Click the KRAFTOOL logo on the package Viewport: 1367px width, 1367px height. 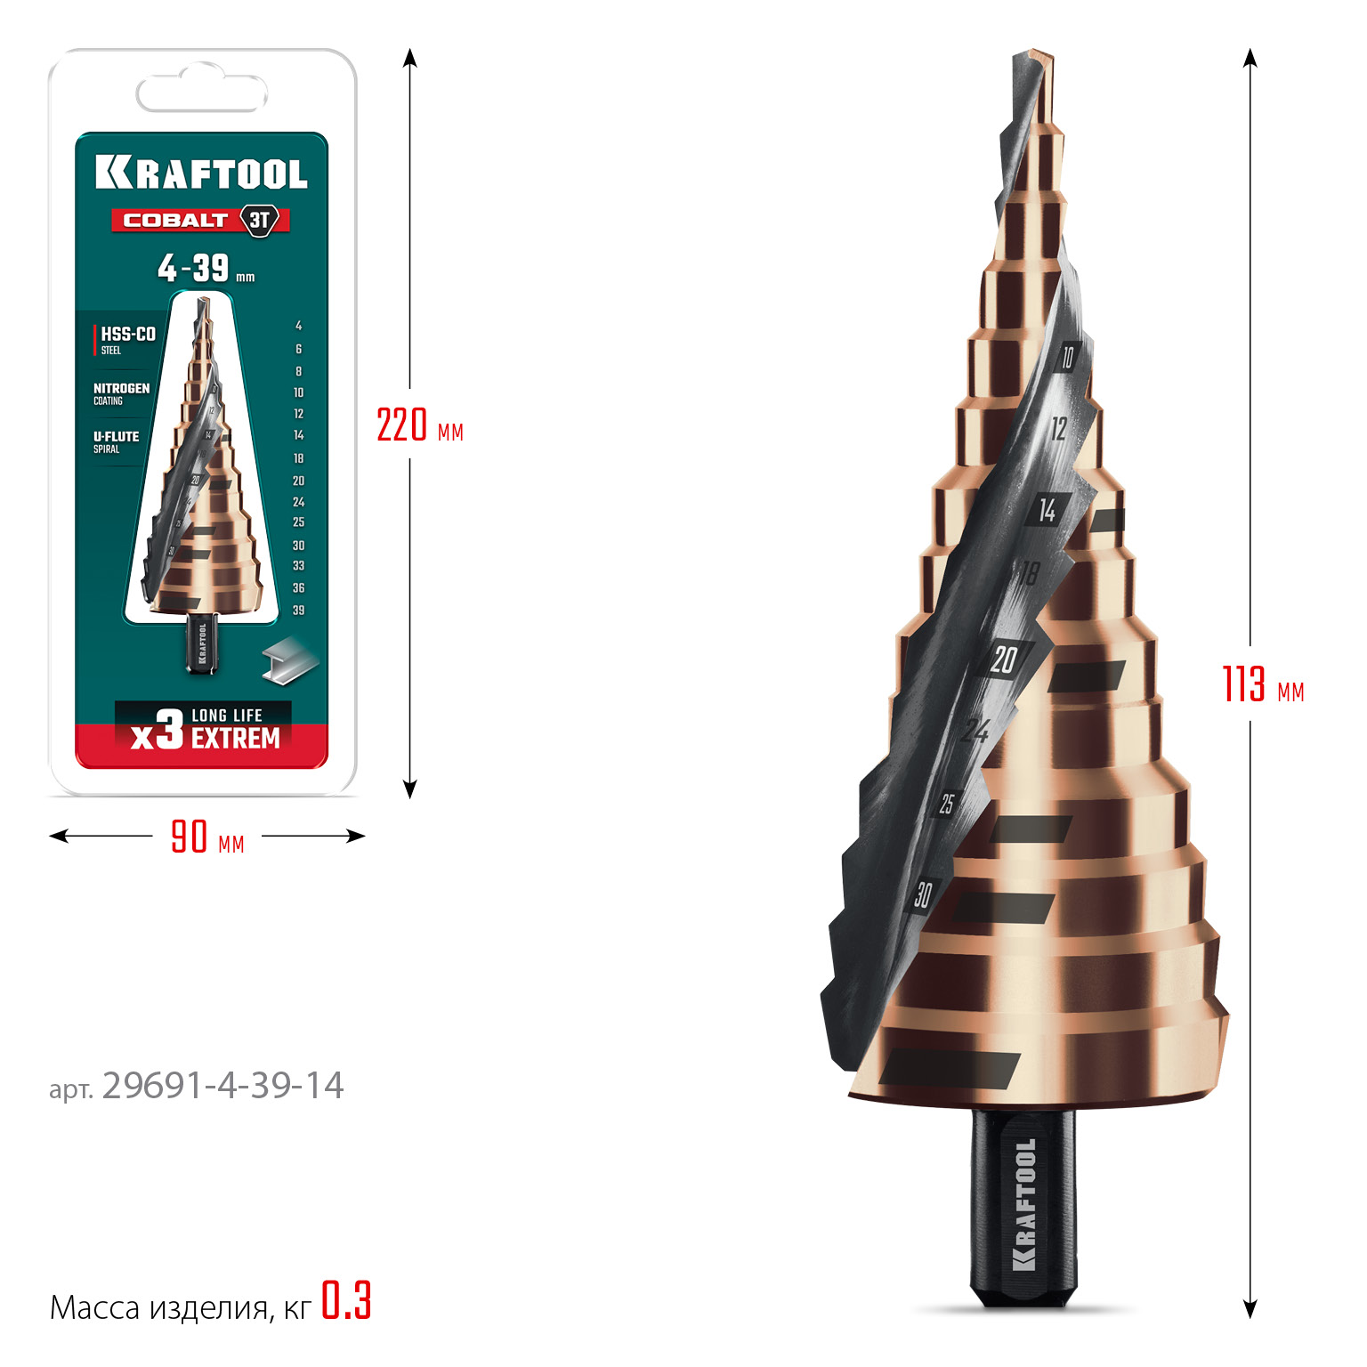[201, 173]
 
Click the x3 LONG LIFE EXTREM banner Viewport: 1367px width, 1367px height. [204, 728]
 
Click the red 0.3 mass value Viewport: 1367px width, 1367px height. [346, 1301]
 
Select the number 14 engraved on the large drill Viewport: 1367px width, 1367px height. [1047, 510]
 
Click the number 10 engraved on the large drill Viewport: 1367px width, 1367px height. [1067, 357]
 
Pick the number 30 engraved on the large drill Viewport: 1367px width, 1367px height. [923, 894]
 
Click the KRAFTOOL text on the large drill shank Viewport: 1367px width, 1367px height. [1025, 1204]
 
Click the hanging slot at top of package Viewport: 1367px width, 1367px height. [202, 93]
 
